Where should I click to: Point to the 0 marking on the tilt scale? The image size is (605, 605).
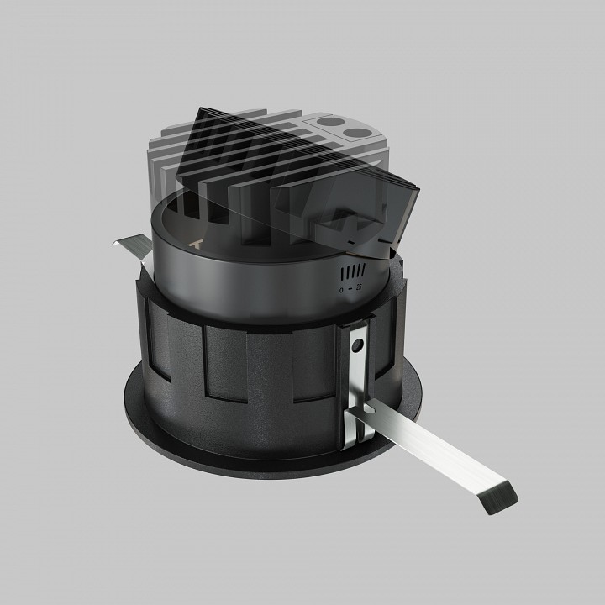pyautogui.click(x=341, y=289)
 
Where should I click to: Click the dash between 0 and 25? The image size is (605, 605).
pyautogui.click(x=350, y=289)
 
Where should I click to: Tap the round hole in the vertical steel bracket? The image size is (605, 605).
pyautogui.click(x=358, y=345)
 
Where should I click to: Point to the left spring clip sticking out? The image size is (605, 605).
pyautogui.click(x=129, y=245)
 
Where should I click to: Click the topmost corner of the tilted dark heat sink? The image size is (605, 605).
pyautogui.click(x=201, y=109)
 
